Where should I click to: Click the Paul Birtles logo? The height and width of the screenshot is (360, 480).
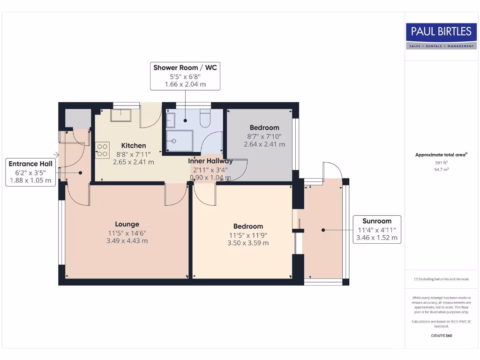(441, 36)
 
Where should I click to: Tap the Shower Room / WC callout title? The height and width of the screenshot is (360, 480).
(185, 68)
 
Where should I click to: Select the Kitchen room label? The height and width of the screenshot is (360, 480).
(134, 145)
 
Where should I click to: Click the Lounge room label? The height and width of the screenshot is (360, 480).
(127, 224)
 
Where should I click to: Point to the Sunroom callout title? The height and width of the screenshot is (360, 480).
(377, 221)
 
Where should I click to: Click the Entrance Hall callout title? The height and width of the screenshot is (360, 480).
(30, 164)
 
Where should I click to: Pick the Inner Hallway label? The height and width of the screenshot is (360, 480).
(210, 161)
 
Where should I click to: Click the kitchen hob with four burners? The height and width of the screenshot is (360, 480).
(102, 150)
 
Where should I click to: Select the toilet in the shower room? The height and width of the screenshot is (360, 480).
(205, 119)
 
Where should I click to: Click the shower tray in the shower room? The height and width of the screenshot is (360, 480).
(180, 142)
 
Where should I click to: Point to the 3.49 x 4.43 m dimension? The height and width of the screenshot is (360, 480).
(127, 241)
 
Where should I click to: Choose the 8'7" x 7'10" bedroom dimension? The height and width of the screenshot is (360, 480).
(264, 136)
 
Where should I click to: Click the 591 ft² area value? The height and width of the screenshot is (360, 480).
(441, 163)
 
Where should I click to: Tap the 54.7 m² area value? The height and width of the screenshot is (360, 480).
(441, 169)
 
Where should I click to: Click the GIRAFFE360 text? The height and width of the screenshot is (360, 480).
(441, 336)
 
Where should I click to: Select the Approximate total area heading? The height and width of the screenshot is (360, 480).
(441, 155)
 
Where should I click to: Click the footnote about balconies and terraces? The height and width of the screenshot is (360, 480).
(441, 279)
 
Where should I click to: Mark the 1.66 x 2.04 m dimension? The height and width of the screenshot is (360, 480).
(185, 85)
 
